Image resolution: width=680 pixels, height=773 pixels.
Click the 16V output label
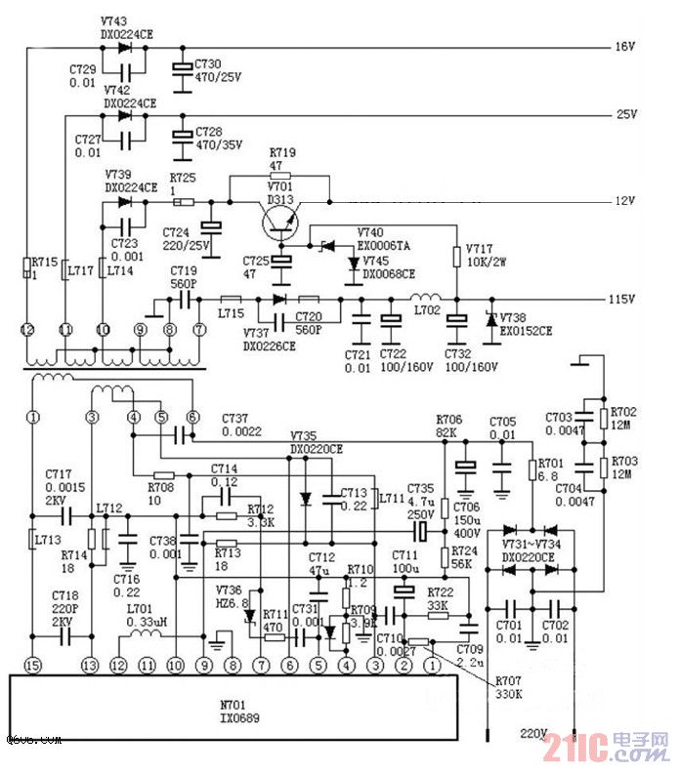click(624, 47)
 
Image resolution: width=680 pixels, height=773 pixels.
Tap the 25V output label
click(624, 114)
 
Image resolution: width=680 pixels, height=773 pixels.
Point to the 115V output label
click(621, 299)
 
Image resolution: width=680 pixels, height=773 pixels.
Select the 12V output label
click(624, 201)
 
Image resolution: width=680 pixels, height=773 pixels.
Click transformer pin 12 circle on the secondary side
click(29, 330)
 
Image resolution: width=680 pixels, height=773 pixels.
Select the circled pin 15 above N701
click(33, 666)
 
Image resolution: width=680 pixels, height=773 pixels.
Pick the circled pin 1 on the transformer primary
click(33, 417)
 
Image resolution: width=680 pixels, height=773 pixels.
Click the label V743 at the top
click(115, 21)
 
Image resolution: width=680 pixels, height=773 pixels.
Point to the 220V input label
click(533, 733)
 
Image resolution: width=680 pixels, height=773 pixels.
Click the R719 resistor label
click(282, 153)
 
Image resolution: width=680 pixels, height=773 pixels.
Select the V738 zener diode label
click(514, 318)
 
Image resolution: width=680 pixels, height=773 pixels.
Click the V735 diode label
click(303, 436)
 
